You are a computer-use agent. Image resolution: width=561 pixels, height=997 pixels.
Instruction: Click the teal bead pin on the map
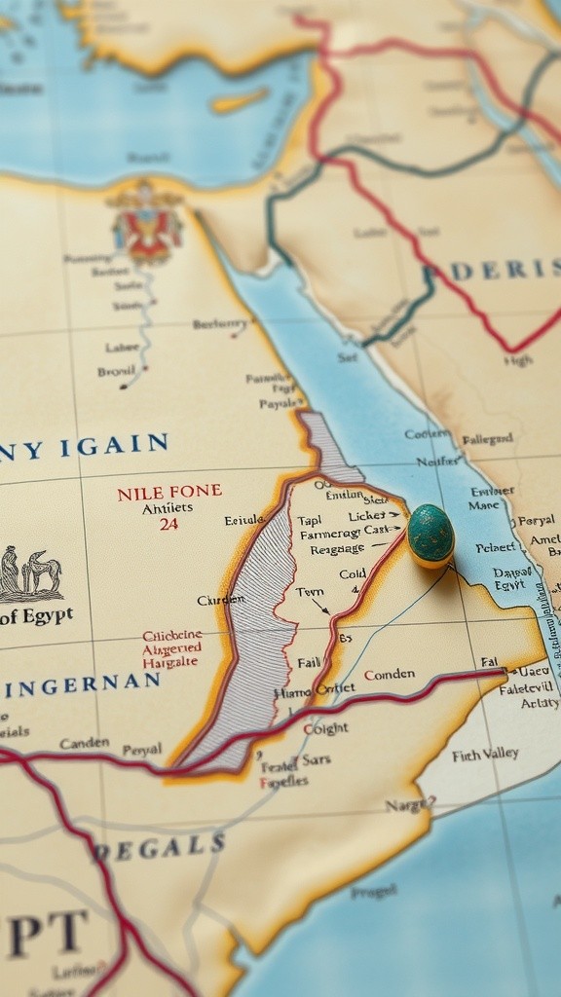(x=430, y=534)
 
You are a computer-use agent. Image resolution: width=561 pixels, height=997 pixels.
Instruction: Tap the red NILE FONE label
(x=168, y=493)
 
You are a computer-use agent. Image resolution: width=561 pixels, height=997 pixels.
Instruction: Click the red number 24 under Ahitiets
(x=168, y=524)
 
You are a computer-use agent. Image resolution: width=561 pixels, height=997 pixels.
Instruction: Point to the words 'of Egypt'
(x=36, y=616)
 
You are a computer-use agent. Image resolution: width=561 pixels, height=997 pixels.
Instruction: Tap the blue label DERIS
(x=504, y=270)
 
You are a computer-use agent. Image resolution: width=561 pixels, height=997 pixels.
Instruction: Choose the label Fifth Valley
(x=485, y=755)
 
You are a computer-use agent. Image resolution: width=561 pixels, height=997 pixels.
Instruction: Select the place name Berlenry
(x=219, y=324)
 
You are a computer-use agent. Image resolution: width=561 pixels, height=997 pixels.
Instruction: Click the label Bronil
(x=117, y=371)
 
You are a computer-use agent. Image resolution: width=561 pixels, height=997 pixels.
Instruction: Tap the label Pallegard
(x=486, y=439)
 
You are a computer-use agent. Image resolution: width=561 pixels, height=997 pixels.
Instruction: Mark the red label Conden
(x=389, y=674)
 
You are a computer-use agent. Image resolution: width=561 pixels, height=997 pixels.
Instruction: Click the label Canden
(x=84, y=743)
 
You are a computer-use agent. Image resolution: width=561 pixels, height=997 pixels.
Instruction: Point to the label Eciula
(x=244, y=520)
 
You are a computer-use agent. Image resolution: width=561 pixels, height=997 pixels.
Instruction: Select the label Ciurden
(x=220, y=600)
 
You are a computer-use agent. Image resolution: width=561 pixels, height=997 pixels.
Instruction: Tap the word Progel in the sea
(x=373, y=891)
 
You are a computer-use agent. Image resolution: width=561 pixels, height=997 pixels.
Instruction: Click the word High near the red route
(x=518, y=360)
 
